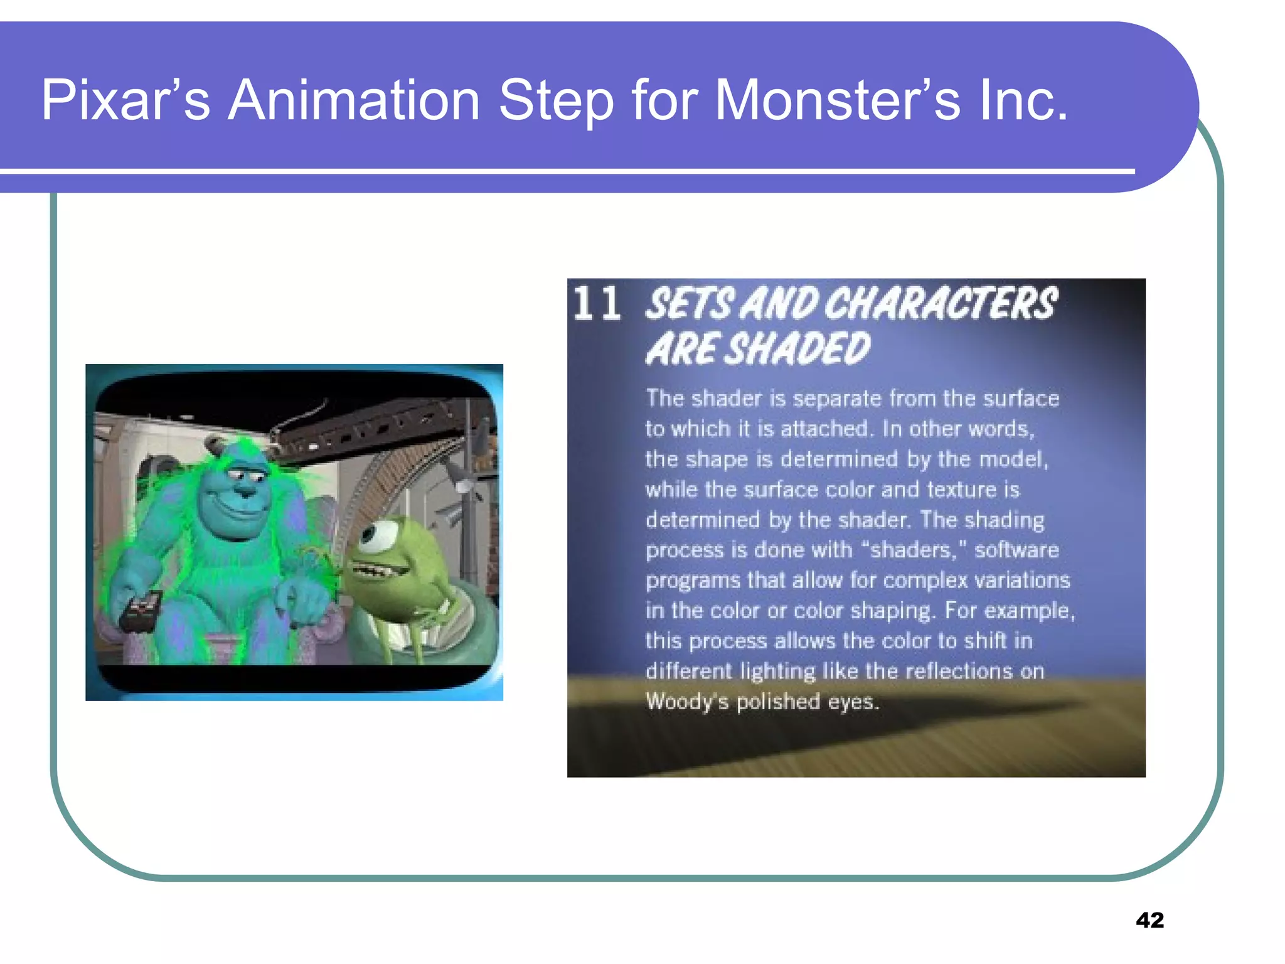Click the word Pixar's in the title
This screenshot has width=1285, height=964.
point(125,100)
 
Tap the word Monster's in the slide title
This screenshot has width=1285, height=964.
point(837,100)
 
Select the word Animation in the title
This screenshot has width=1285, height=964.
point(354,100)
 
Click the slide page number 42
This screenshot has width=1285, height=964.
point(1149,920)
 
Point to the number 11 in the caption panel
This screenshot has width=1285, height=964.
point(597,304)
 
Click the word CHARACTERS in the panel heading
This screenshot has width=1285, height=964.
point(941,304)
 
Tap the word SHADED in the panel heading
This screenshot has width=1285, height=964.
point(797,349)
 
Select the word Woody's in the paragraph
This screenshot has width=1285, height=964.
point(686,702)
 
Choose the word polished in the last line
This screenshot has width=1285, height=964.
point(778,702)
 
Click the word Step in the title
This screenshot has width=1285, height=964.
point(556,100)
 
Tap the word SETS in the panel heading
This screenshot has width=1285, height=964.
point(689,304)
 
